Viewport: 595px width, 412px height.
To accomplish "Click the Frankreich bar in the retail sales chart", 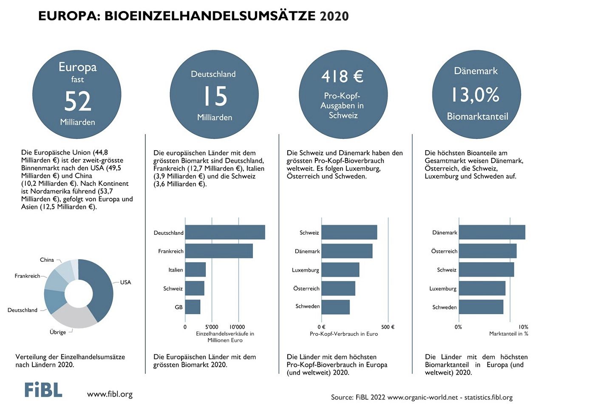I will point(219,251).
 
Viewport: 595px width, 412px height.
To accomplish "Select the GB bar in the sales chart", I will point(193,307).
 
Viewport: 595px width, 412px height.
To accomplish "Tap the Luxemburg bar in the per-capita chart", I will point(340,270).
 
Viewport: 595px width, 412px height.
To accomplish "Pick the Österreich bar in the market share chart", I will point(487,251).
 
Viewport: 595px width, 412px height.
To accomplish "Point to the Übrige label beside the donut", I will point(58,332).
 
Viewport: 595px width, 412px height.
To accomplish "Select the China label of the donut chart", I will point(47,260).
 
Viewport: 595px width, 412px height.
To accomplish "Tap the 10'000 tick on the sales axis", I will point(237,327).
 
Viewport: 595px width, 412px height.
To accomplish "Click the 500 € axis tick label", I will point(388,327).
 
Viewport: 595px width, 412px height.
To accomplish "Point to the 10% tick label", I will point(523,327).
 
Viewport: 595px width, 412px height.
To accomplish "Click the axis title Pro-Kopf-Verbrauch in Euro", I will point(343,334).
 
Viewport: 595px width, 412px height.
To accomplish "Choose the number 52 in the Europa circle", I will point(78,101).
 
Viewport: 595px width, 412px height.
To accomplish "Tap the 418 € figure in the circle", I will point(342,77).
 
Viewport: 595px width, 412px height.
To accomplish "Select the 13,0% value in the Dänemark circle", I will point(475,95).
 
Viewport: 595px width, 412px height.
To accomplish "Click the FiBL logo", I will point(43,390).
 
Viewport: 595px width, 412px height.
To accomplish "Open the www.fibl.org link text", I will point(110,394).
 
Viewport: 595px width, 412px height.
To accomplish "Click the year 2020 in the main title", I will point(334,16).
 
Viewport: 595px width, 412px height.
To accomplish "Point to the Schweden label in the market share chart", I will point(444,307).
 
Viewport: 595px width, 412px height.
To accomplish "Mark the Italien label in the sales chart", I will point(176,270).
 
